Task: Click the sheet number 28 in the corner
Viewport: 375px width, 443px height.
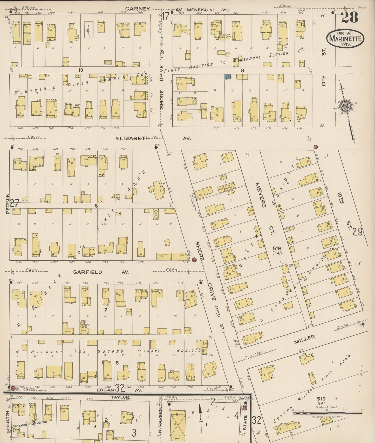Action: pyautogui.click(x=349, y=18)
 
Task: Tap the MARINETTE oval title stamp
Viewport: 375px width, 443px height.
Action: pyautogui.click(x=345, y=39)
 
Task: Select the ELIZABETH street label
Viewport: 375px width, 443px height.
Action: pyautogui.click(x=133, y=138)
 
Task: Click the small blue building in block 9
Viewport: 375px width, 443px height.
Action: pyautogui.click(x=228, y=77)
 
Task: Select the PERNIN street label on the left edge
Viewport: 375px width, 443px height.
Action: pyautogui.click(x=8, y=203)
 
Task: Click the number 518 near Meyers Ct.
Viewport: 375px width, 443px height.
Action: pyautogui.click(x=277, y=249)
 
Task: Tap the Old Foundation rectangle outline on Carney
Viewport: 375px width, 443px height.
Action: pyautogui.click(x=89, y=30)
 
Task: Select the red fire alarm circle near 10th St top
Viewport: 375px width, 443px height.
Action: pyautogui.click(x=316, y=147)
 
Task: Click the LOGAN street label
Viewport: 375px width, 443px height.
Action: pyautogui.click(x=106, y=390)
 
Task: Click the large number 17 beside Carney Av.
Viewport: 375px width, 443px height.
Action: pyautogui.click(x=166, y=16)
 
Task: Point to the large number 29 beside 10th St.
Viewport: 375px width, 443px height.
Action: pyautogui.click(x=357, y=231)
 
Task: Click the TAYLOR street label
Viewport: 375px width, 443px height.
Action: pyautogui.click(x=120, y=397)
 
